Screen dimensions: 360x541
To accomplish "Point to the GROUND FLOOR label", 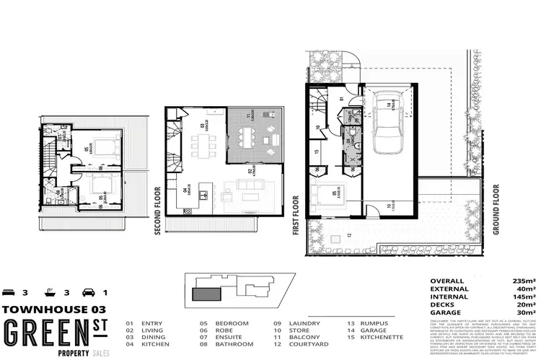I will pyautogui.click(x=496, y=194).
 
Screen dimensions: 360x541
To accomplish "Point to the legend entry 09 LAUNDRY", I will pyautogui.click(x=291, y=323).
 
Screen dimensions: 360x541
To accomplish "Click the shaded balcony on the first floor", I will pyautogui.click(x=252, y=136).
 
